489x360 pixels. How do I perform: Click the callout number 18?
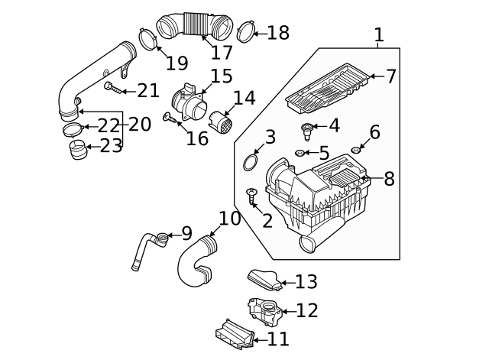(278, 33)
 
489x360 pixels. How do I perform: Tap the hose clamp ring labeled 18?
(244, 32)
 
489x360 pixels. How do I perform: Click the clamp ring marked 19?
(147, 37)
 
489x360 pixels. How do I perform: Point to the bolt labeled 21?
(112, 88)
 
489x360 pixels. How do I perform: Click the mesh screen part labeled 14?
(222, 122)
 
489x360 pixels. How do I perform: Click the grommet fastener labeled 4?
(307, 130)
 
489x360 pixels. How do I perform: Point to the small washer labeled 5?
(300, 153)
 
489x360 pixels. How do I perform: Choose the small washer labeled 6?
(355, 150)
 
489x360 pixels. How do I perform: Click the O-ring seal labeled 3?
(250, 162)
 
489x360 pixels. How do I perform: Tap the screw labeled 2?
(251, 196)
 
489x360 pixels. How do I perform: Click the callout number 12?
(306, 311)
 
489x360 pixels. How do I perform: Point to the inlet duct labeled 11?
(233, 334)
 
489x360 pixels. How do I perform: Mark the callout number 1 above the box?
(378, 34)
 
